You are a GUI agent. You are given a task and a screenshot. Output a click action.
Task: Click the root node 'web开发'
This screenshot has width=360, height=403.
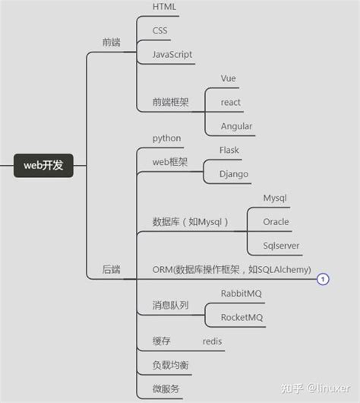pyautogui.click(x=43, y=165)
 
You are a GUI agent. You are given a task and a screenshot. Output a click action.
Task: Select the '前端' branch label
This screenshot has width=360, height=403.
pyautogui.click(x=111, y=42)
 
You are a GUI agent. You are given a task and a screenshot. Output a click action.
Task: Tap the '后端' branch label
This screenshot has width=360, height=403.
pyautogui.click(x=111, y=269)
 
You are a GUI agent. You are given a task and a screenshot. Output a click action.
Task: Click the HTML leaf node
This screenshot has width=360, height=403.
pyautogui.click(x=165, y=7)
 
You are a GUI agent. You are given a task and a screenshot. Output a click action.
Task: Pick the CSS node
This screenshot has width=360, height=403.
pyautogui.click(x=160, y=31)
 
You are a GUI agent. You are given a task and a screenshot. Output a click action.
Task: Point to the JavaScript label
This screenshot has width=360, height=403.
pyautogui.click(x=172, y=55)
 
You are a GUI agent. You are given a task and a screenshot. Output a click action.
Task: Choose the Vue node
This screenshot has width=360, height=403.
pyautogui.click(x=229, y=78)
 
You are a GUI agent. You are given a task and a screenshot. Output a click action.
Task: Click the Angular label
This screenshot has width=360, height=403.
pyautogui.click(x=236, y=126)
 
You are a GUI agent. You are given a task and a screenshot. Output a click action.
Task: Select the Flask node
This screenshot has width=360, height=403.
pyautogui.click(x=229, y=151)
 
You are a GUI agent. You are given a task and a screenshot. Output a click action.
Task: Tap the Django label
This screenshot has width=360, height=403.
pyautogui.click(x=234, y=174)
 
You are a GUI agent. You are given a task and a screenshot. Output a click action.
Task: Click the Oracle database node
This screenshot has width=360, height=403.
pyautogui.click(x=276, y=222)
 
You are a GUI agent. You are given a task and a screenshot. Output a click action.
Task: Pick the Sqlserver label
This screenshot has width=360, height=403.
pyautogui.click(x=281, y=246)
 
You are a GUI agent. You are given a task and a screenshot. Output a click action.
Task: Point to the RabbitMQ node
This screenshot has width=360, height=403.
pyautogui.click(x=242, y=294)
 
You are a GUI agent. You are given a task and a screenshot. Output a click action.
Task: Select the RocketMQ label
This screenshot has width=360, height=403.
pyautogui.click(x=242, y=317)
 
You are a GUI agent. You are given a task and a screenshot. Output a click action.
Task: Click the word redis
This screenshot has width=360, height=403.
pyautogui.click(x=213, y=341)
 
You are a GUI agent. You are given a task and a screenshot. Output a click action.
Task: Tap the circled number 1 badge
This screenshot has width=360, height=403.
pyautogui.click(x=324, y=279)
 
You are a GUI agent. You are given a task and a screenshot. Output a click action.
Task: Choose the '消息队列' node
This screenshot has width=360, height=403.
pyautogui.click(x=171, y=306)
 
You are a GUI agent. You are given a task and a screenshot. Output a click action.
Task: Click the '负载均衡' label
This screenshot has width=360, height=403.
pyautogui.click(x=171, y=366)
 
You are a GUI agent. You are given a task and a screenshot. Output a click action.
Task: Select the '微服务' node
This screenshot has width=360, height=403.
pyautogui.click(x=166, y=389)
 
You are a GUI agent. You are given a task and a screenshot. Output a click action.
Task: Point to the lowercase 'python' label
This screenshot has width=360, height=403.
pyautogui.click(x=167, y=138)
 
